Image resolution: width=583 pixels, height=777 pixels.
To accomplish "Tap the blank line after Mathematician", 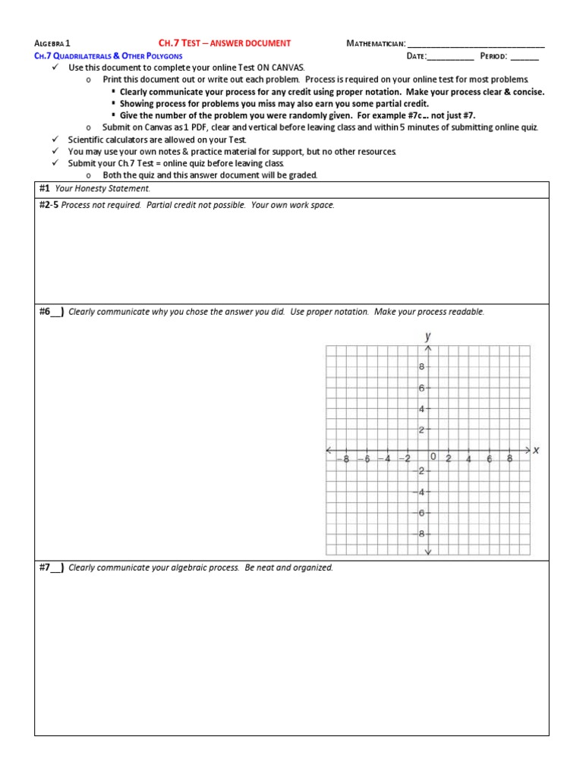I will [x=476, y=44].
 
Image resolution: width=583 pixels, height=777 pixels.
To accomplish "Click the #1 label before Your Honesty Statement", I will [x=44, y=188].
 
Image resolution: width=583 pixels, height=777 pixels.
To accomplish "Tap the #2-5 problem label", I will [x=49, y=205].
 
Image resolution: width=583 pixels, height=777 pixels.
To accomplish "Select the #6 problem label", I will [x=51, y=312].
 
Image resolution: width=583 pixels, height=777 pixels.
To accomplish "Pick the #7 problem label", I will [x=51, y=568].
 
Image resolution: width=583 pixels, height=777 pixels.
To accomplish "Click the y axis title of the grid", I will [x=428, y=335].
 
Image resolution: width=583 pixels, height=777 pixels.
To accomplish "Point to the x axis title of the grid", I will [x=536, y=450].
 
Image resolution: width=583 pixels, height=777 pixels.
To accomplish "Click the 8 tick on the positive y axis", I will [x=421, y=367].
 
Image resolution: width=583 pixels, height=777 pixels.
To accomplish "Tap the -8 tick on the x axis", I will [x=345, y=458].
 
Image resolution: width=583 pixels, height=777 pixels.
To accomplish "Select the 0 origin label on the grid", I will [x=433, y=457].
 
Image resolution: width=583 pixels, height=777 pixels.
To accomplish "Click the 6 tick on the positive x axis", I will [x=490, y=458].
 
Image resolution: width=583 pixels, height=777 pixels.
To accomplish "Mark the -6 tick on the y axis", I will [x=420, y=513].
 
